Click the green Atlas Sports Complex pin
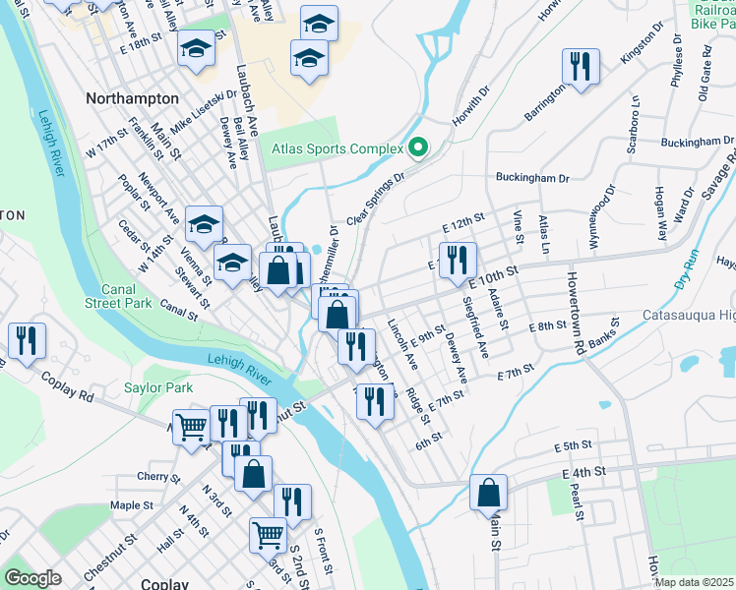point(418,148)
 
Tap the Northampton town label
point(132,98)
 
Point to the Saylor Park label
point(158,387)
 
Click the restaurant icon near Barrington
point(580,66)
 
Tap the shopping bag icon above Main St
point(488,492)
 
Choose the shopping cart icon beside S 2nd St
point(268,535)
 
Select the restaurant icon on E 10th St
point(457,261)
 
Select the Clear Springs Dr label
point(375,200)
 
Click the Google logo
point(32,578)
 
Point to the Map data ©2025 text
point(694,582)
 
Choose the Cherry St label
point(155,477)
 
